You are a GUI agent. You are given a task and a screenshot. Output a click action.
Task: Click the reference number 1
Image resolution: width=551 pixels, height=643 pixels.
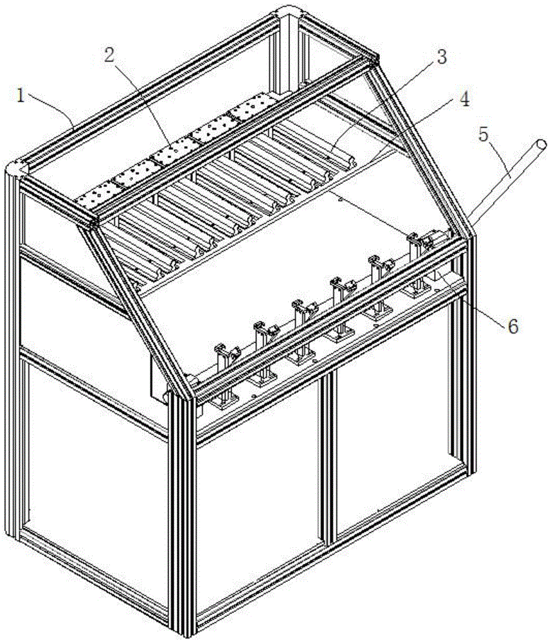pos(21,96)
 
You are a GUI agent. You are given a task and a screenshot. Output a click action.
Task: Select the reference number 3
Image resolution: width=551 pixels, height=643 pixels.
pos(440,57)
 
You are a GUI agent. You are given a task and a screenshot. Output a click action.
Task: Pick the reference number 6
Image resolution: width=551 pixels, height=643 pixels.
pos(512,326)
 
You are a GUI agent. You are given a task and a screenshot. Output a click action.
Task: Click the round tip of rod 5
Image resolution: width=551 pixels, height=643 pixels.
pos(541,145)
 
